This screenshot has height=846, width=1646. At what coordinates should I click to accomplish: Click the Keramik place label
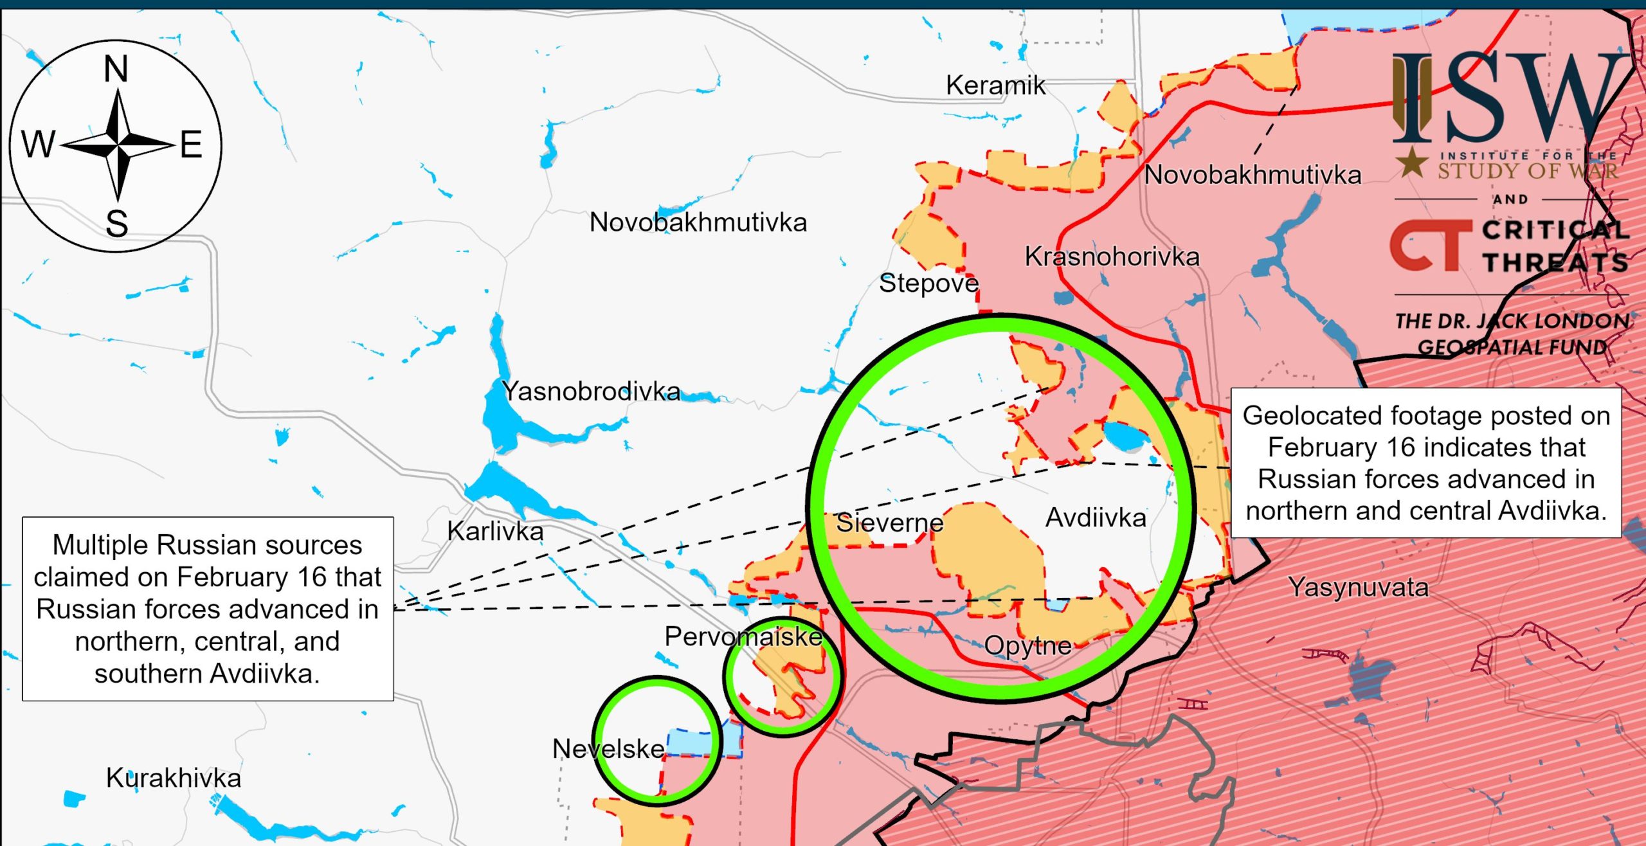[995, 85]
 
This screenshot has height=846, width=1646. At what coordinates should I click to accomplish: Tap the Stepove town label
[928, 283]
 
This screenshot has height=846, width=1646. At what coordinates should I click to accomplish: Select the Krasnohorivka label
[1112, 256]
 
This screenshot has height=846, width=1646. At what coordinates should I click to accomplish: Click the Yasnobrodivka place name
[591, 391]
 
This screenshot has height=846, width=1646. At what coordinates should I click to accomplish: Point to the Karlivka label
[495, 531]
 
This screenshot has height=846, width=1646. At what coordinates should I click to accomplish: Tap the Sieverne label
[889, 523]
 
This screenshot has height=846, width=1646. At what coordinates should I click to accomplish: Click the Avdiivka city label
[1096, 517]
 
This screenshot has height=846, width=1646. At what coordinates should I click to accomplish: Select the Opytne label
[1027, 645]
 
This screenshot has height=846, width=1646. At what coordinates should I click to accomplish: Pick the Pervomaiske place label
[743, 636]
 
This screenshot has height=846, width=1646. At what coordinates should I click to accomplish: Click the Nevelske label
[608, 748]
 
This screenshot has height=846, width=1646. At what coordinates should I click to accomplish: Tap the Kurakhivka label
[174, 778]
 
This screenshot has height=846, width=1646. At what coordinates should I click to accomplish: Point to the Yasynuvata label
[1358, 587]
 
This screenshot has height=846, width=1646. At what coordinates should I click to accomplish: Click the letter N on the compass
[116, 69]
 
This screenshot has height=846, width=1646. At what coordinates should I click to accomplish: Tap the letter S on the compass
[116, 224]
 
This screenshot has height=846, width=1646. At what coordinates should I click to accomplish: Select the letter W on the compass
[39, 144]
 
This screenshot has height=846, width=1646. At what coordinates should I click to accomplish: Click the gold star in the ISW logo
[1412, 162]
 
